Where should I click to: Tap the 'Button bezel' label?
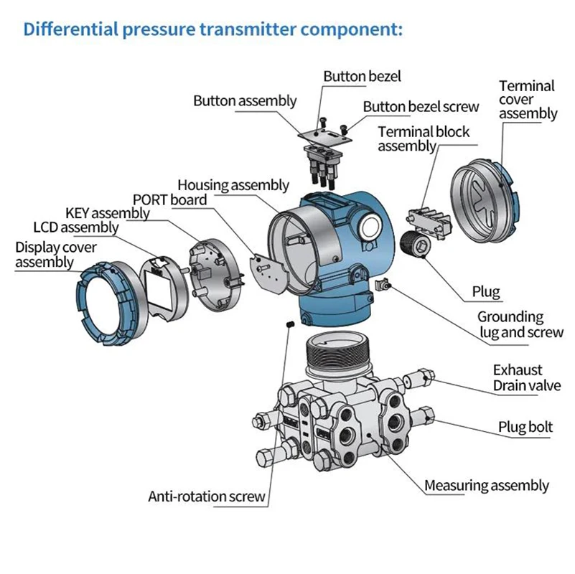(x=362, y=76)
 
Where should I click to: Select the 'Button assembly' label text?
(x=244, y=101)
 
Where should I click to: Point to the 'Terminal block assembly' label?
(x=424, y=138)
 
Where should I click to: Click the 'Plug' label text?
(x=485, y=292)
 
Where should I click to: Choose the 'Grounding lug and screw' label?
(x=510, y=324)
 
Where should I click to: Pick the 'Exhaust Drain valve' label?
(x=525, y=378)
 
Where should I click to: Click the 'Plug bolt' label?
(x=525, y=428)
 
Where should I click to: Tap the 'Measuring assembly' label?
(x=486, y=486)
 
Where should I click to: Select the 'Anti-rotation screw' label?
(x=207, y=496)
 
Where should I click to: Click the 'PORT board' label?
(x=169, y=199)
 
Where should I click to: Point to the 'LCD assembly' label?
(x=75, y=227)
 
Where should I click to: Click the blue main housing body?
(x=337, y=244)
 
